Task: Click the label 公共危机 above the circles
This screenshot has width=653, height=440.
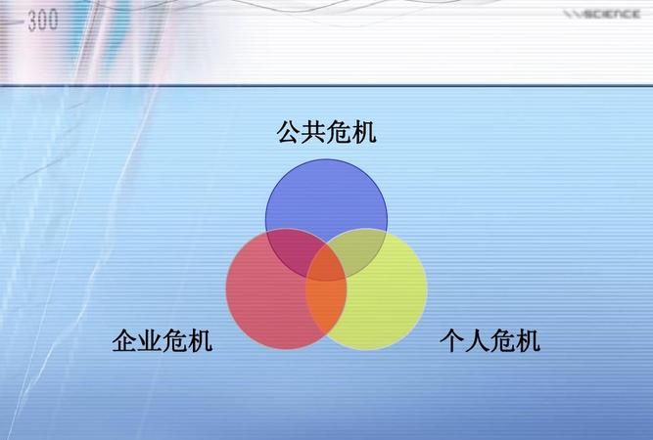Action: coord(326,132)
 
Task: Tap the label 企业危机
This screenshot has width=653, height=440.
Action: coord(162,341)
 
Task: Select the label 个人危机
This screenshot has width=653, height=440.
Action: coord(489,341)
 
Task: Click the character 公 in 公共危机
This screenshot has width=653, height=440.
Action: coord(289,132)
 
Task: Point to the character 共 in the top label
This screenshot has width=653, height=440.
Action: coord(313,132)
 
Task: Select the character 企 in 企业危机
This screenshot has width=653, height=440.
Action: coord(124,341)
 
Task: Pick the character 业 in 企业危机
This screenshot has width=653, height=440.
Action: coord(149,341)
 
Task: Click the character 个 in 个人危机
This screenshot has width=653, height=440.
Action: coord(450,341)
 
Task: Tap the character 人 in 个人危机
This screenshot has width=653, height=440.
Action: coord(476,341)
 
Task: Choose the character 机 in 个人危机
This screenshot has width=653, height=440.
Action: coord(528,341)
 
